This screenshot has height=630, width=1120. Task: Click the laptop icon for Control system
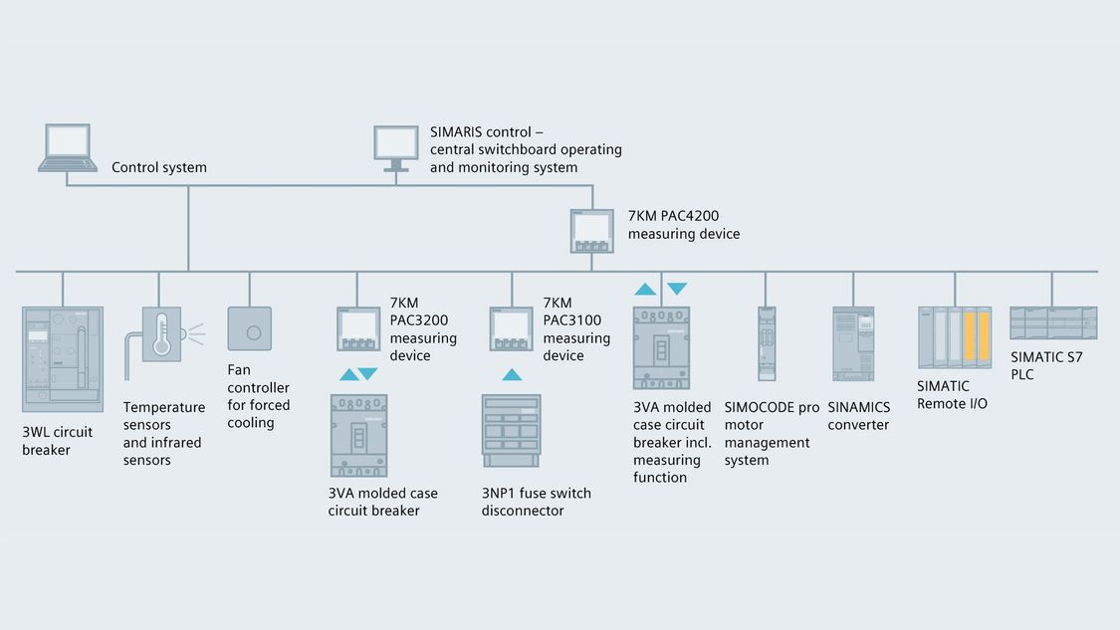click(68, 148)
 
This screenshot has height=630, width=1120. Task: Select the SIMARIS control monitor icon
click(395, 148)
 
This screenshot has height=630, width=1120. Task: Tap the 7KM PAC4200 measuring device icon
click(592, 231)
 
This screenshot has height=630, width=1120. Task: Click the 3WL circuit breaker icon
click(63, 359)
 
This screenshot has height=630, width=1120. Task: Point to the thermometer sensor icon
click(162, 334)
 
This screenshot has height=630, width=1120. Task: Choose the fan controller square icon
click(249, 328)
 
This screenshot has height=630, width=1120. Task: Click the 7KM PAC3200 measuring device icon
click(358, 328)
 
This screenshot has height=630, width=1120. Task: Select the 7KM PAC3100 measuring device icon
click(512, 328)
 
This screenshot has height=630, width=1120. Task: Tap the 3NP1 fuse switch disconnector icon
click(512, 431)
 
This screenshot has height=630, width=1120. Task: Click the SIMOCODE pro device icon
click(767, 344)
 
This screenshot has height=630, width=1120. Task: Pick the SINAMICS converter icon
click(853, 344)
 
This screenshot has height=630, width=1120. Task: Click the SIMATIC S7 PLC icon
click(1053, 322)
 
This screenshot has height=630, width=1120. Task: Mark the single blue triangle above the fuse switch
click(512, 374)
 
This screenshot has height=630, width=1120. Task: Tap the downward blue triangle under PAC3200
click(367, 373)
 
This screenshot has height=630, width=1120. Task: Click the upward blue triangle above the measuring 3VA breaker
click(645, 289)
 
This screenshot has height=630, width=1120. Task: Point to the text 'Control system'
click(159, 167)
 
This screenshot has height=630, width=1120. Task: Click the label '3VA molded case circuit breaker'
click(383, 502)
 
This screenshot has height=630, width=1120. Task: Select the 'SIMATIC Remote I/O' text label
click(952, 395)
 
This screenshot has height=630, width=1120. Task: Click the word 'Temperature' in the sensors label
click(164, 407)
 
